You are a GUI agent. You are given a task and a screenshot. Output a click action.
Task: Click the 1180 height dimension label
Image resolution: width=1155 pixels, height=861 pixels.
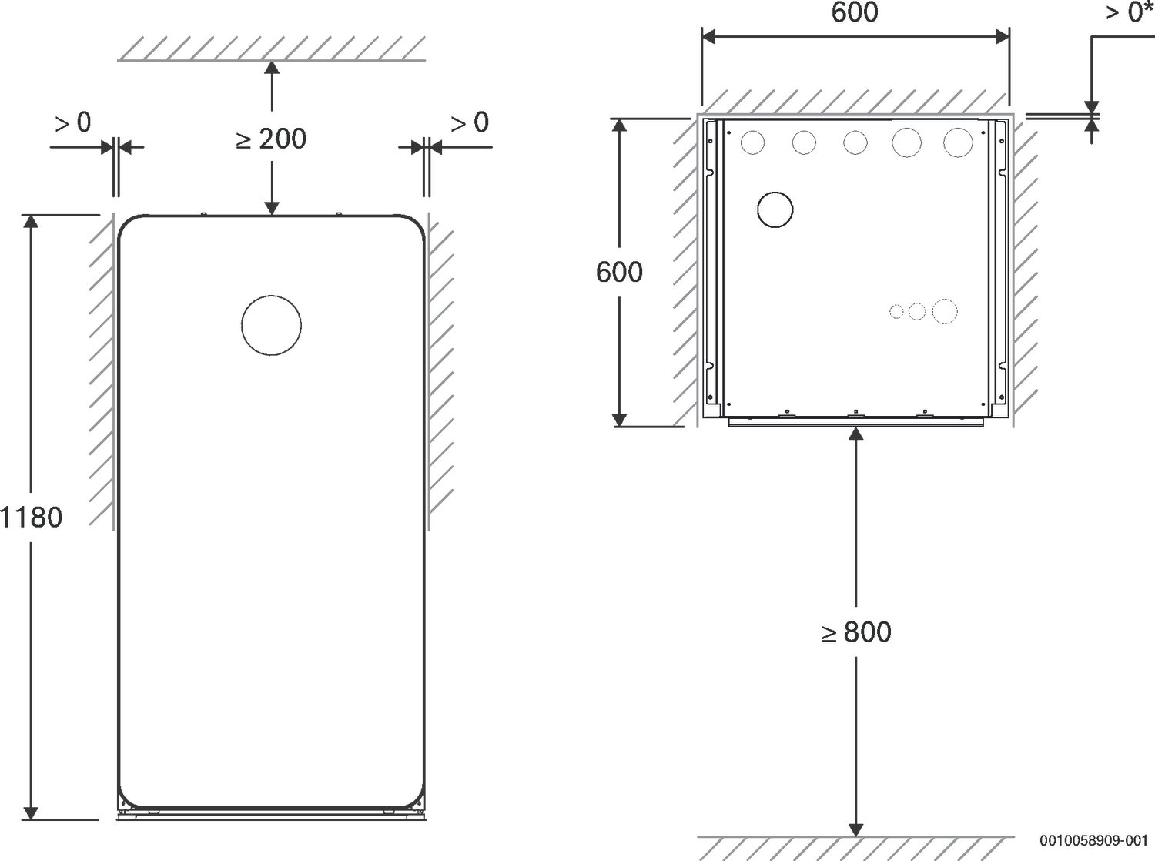[x=32, y=518]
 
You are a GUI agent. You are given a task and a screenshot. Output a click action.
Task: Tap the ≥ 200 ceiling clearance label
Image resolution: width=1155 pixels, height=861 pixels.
[x=271, y=139]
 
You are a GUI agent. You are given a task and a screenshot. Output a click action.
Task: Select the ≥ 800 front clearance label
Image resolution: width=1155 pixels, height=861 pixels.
[x=856, y=632]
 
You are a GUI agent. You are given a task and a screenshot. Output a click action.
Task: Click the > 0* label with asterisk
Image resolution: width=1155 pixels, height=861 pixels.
[x=1130, y=12]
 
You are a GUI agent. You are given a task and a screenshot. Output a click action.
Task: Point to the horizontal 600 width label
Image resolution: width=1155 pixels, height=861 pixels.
[x=855, y=12]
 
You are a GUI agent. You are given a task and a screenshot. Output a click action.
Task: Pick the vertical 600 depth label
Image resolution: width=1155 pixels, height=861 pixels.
[x=619, y=272]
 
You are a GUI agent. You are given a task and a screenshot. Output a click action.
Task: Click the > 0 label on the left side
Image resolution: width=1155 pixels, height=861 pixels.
[x=73, y=122]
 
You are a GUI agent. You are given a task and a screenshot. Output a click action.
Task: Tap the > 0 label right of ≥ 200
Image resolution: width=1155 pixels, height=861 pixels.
[x=470, y=122]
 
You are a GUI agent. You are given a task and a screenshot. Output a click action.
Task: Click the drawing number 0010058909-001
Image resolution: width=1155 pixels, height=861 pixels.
[x=1093, y=840]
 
